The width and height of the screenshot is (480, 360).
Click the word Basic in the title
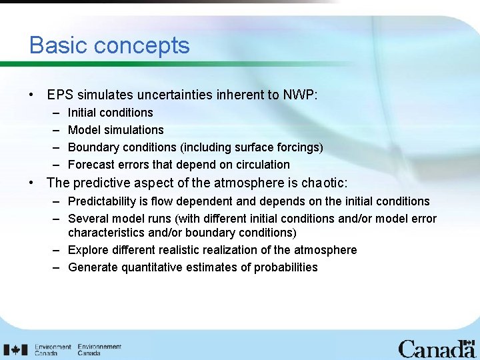coord(58,45)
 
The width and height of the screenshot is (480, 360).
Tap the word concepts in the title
coord(141,46)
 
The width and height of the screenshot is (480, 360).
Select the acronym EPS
coord(60,95)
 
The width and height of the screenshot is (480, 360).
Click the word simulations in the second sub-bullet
coord(131,130)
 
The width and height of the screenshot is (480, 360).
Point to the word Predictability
coord(105,201)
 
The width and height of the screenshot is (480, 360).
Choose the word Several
coord(88,219)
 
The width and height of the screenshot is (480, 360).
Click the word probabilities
coord(285,267)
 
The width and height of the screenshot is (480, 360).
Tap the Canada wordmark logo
coord(437,349)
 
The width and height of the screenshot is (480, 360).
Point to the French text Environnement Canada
coord(99,350)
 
